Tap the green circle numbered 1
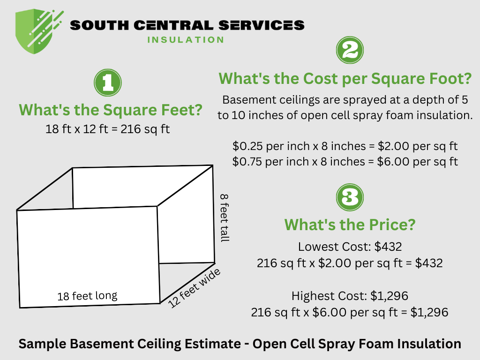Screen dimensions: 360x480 click(x=107, y=82)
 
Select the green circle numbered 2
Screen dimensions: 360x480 click(x=350, y=50)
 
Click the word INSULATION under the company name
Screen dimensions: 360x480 click(x=186, y=40)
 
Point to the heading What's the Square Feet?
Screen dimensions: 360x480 click(x=111, y=111)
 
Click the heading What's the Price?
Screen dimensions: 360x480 click(x=350, y=225)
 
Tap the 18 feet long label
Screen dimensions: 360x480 click(x=87, y=296)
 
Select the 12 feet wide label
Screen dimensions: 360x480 click(x=195, y=288)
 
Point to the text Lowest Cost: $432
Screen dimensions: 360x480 click(x=350, y=247)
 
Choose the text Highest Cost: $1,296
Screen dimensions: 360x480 click(x=350, y=296)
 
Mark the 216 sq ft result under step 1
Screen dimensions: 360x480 click(x=145, y=129)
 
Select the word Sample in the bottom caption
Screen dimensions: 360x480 click(x=42, y=344)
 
